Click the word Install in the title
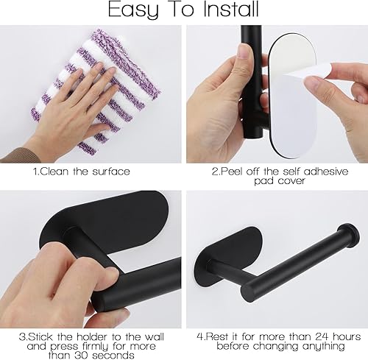[x=231, y=10]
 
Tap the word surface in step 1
[x=111, y=172]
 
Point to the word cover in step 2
[x=291, y=181]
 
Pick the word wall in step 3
[x=153, y=336]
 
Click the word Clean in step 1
[x=54, y=172]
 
